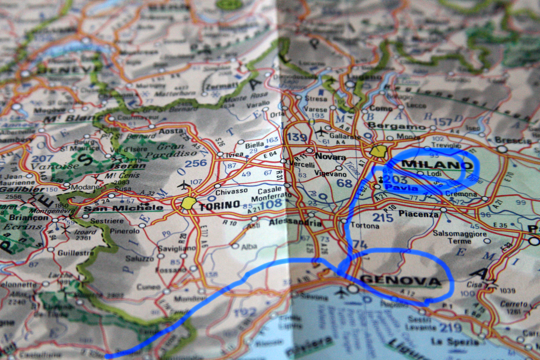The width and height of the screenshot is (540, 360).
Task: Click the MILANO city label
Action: click(x=437, y=165)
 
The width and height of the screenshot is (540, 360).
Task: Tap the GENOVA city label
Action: click(x=401, y=280)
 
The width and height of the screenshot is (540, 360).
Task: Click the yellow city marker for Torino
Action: click(x=189, y=203)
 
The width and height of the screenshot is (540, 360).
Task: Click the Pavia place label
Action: click(x=401, y=188)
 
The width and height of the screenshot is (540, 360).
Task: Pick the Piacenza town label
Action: click(x=418, y=214)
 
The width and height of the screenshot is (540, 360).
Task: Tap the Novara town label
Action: click(x=330, y=156)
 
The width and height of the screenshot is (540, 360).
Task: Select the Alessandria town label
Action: click(x=295, y=222)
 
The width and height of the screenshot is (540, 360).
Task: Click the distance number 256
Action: click(x=196, y=163)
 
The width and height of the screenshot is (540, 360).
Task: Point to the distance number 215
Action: click(x=383, y=217)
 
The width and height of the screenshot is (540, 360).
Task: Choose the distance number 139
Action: click(x=297, y=137)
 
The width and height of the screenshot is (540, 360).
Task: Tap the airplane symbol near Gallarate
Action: click(x=321, y=132)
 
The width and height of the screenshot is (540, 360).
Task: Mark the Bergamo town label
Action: click(x=397, y=126)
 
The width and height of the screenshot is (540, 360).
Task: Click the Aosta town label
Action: click(x=171, y=131)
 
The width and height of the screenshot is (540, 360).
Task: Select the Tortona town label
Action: click(x=365, y=225)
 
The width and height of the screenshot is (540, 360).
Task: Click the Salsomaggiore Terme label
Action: click(x=459, y=237)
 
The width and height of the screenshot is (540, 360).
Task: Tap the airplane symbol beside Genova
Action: click(x=342, y=292)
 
